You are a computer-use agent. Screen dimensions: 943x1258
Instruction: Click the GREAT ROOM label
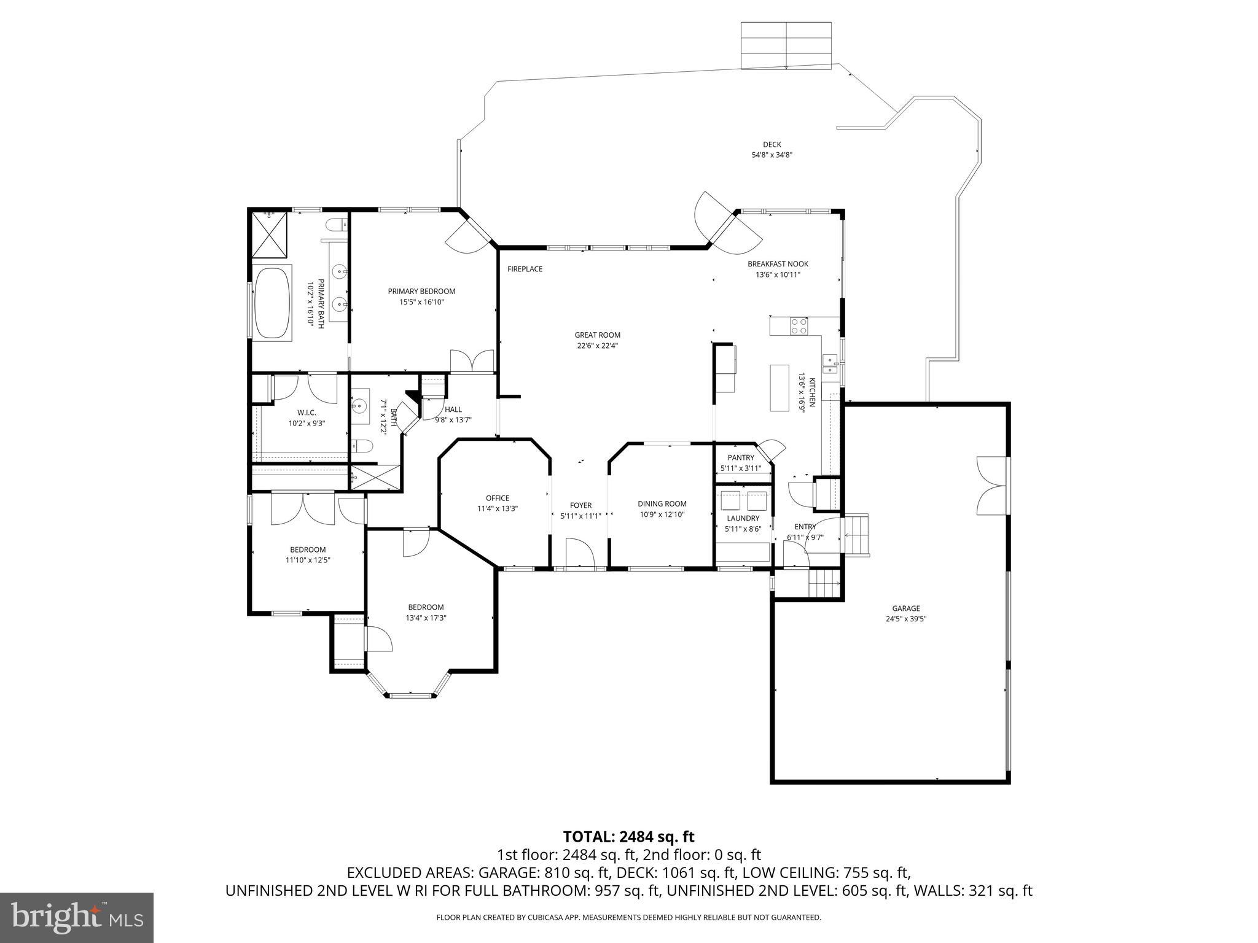(597, 335)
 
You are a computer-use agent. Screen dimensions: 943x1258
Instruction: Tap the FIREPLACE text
(525, 269)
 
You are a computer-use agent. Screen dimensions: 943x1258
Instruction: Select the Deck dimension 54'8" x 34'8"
(772, 155)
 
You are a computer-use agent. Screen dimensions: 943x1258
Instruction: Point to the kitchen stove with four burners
(799, 325)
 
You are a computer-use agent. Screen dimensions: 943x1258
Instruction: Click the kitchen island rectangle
(779, 388)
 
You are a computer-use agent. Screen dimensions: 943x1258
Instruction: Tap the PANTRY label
(740, 457)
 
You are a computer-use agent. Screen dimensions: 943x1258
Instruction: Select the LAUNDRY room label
(743, 518)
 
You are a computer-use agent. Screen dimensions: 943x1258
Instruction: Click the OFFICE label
(497, 498)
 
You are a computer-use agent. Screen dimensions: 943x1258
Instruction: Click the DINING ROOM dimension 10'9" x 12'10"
(662, 514)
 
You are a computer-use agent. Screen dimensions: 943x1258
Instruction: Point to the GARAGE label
(905, 608)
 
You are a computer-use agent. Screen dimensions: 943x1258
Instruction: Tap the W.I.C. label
(307, 413)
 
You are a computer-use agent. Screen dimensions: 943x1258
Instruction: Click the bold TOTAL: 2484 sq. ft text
(628, 836)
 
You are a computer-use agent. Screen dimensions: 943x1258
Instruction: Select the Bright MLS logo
(77, 917)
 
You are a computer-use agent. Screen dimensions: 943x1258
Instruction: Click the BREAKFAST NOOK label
(778, 264)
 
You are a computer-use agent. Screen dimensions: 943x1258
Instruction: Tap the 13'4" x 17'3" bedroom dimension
(426, 618)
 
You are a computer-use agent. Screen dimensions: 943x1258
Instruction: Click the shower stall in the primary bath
(268, 235)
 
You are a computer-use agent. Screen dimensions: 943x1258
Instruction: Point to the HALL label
(453, 409)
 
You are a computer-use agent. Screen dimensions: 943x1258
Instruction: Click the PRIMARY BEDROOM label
(421, 291)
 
